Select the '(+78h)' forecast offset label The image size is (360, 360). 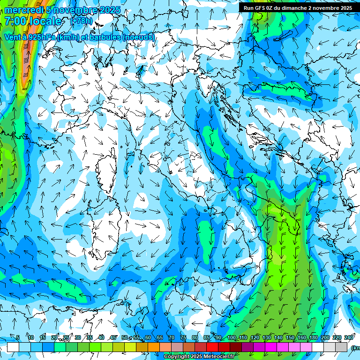pos(81,21)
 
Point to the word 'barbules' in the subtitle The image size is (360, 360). pos(105,37)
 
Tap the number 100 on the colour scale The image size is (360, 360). pos(232,338)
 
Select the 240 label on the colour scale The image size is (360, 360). pos(349,338)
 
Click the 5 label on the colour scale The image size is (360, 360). pos(18,338)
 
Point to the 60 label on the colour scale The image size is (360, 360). pos(148,338)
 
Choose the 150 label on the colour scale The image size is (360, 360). pos(290,338)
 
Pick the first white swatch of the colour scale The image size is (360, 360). pos(13,347)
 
